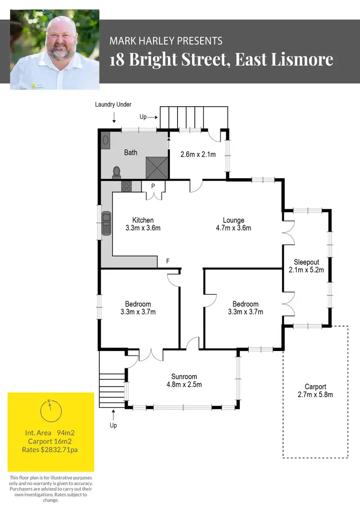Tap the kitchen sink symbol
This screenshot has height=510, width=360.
coord(106,224)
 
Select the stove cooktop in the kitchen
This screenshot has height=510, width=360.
coord(127,186)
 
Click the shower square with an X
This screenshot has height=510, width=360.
coord(157,168)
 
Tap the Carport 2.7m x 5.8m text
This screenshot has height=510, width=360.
coord(315,390)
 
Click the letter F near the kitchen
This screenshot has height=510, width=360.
coord(168,261)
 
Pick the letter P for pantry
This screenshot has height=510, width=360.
coord(153,186)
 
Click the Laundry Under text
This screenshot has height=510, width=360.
coord(113,104)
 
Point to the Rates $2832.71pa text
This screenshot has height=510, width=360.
coord(50,450)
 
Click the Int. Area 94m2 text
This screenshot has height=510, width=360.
coord(50,433)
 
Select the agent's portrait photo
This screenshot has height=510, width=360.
coord(54,49)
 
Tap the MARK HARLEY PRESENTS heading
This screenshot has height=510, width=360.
coord(166,41)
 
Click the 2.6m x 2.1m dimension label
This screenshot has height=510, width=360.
coord(198,155)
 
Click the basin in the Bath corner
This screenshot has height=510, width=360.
coord(105,139)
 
